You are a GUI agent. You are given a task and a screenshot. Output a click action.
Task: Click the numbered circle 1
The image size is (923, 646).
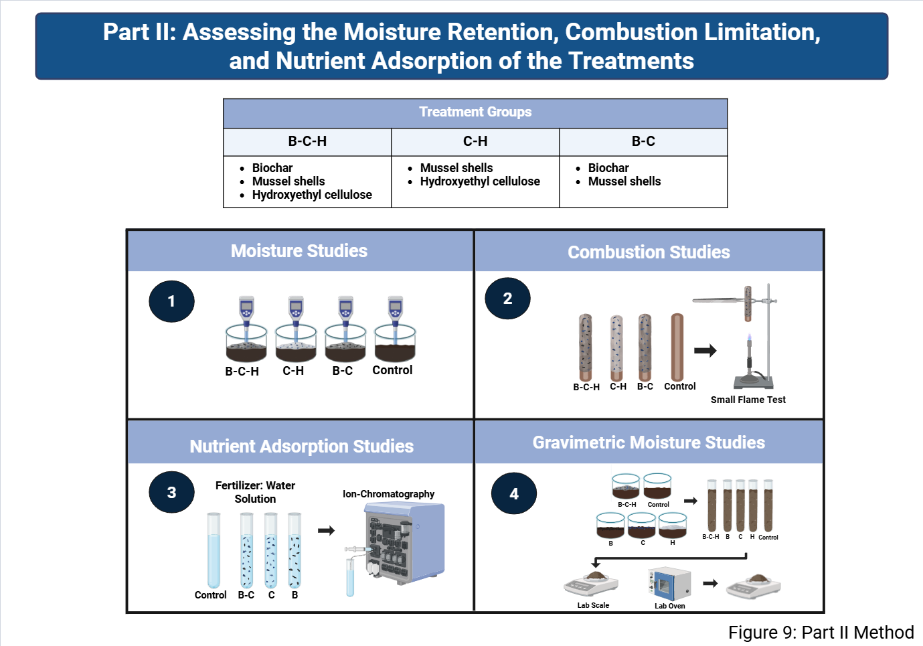pyautogui.click(x=171, y=301)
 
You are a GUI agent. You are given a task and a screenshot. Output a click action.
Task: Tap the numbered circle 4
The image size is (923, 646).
pyautogui.click(x=514, y=493)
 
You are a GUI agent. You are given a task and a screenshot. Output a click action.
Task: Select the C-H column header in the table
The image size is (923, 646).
pyautogui.click(x=475, y=141)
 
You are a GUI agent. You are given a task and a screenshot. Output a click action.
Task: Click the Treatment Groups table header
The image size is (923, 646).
pyautogui.click(x=475, y=112)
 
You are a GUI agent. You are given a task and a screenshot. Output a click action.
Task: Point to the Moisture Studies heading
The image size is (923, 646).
pyautogui.click(x=299, y=251)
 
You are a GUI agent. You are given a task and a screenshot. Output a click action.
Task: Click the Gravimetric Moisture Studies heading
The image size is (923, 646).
pyautogui.click(x=649, y=442)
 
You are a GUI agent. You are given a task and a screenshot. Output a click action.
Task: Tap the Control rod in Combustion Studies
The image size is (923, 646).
pyautogui.click(x=677, y=347)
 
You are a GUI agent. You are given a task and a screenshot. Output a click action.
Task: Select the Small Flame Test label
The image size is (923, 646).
pyautogui.click(x=748, y=400)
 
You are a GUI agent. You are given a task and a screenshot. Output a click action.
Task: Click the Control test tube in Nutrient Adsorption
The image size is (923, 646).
pyautogui.click(x=214, y=550)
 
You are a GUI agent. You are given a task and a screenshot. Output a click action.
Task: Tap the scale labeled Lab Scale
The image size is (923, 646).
pyautogui.click(x=591, y=583)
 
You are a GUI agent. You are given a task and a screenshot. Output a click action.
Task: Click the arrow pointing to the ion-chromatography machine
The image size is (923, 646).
pyautogui.click(x=326, y=530)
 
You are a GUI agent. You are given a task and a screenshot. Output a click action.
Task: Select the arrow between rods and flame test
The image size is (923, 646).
pyautogui.click(x=705, y=351)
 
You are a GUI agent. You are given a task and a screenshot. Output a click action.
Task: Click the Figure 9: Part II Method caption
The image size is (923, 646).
pyautogui.click(x=821, y=633)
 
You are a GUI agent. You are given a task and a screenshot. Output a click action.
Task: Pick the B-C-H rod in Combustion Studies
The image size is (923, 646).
pyautogui.click(x=585, y=347)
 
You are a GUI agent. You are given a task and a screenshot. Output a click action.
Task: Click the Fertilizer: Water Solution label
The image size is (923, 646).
pyautogui.click(x=255, y=492)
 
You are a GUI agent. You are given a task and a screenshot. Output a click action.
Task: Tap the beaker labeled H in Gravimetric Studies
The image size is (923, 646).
pyautogui.click(x=673, y=525)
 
